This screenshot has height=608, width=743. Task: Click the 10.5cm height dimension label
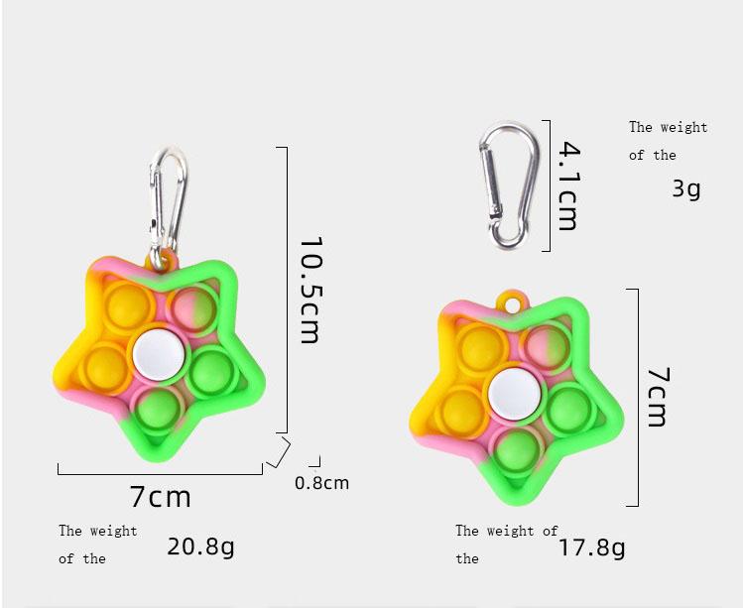pyautogui.click(x=310, y=290)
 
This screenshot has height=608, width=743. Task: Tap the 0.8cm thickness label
pyautogui.click(x=321, y=483)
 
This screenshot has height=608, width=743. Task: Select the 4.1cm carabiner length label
pyautogui.click(x=568, y=185)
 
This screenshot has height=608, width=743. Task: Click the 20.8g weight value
pyautogui.click(x=200, y=547)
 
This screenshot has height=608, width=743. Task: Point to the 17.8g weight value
pyautogui.click(x=592, y=547)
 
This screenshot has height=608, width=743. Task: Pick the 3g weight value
pyautogui.click(x=686, y=188)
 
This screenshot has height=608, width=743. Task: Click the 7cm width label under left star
pyautogui.click(x=160, y=496)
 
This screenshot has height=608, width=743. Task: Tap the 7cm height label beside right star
pyautogui.click(x=658, y=397)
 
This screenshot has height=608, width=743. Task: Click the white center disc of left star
pyautogui.click(x=159, y=355)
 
